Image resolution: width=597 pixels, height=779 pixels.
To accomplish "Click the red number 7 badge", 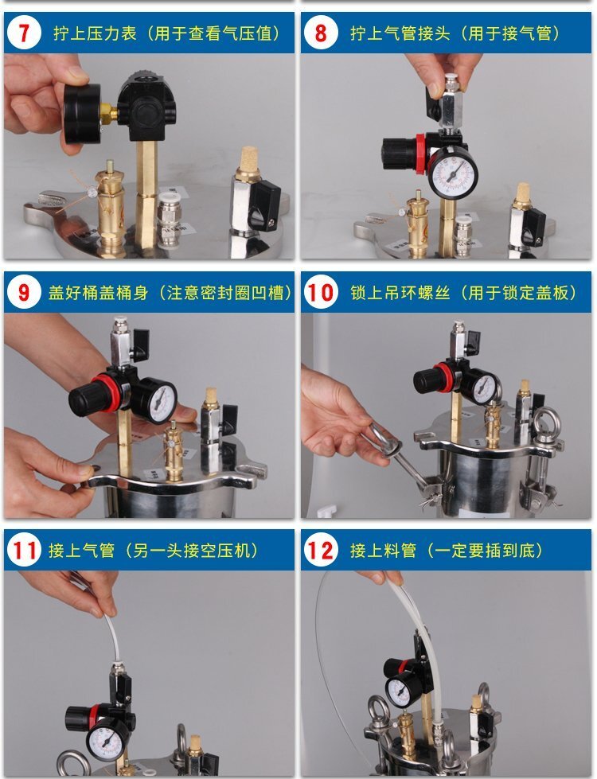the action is pyautogui.click(x=24, y=33).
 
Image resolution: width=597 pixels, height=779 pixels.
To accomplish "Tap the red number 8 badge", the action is pyautogui.click(x=321, y=33).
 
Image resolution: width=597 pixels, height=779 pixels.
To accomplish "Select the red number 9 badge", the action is pyautogui.click(x=24, y=292).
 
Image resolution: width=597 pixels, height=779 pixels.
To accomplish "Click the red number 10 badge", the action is pyautogui.click(x=321, y=292).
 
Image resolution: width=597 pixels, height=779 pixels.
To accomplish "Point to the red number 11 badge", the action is pyautogui.click(x=24, y=551).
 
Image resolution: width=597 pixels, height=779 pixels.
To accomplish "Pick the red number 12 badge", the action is pyautogui.click(x=321, y=551).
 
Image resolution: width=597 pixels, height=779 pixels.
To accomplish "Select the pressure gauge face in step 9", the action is pyautogui.click(x=159, y=401).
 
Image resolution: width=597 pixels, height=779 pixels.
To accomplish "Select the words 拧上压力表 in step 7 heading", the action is pyautogui.click(x=95, y=33).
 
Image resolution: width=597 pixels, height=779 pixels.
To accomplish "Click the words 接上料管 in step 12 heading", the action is pyautogui.click(x=383, y=551).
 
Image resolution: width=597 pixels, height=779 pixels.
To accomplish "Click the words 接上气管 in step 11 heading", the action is pyautogui.click(x=81, y=551).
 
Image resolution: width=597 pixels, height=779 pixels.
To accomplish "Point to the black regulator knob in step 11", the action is pyautogui.click(x=78, y=719).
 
